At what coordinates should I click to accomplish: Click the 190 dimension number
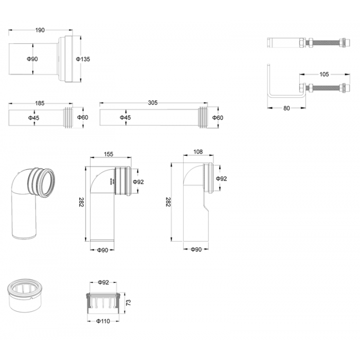[40, 30]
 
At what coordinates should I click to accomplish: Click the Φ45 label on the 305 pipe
[125, 118]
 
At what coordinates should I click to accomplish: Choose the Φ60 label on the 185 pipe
[82, 118]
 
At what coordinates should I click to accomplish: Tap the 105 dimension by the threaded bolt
[324, 74]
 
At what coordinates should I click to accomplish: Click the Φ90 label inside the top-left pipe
[32, 59]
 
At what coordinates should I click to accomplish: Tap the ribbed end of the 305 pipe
[203, 118]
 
